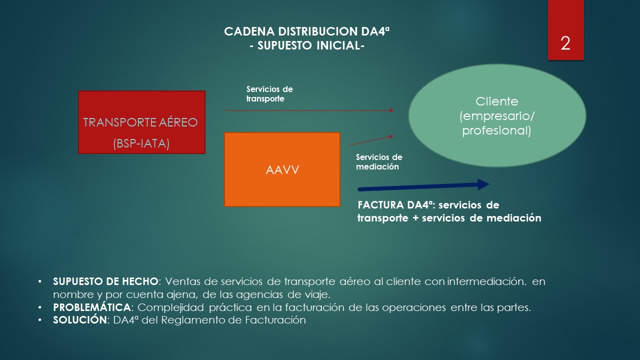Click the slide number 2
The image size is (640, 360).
(x=565, y=43)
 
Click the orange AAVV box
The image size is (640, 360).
(x=282, y=169)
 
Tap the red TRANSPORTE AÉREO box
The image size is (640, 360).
(x=141, y=122)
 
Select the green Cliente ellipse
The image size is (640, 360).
(x=497, y=115)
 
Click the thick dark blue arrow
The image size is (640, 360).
(x=423, y=186)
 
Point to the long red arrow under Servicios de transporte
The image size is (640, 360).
(x=309, y=110)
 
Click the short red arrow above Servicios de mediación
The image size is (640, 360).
(x=371, y=140)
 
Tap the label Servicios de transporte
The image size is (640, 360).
(x=269, y=94)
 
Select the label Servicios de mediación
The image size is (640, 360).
(x=379, y=161)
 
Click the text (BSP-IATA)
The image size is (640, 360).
(x=141, y=143)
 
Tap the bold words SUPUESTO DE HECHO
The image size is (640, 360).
(x=105, y=281)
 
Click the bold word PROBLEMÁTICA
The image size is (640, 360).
(x=92, y=307)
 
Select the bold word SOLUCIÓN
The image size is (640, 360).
(x=80, y=319)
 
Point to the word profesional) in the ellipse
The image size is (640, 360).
(x=496, y=130)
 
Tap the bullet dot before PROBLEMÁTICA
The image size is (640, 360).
(x=39, y=307)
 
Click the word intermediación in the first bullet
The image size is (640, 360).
(x=486, y=281)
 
